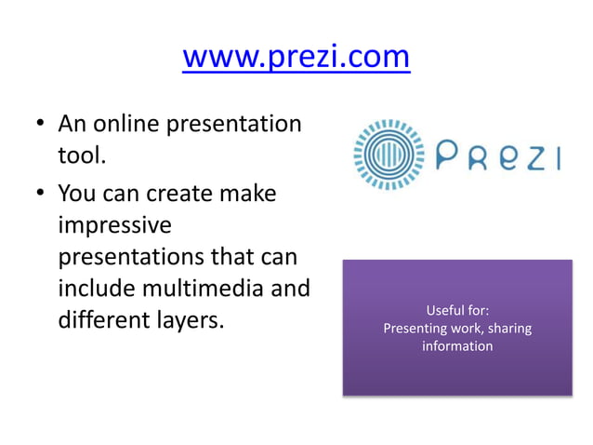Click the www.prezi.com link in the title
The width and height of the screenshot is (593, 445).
(x=296, y=57)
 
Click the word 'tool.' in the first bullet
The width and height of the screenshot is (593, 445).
(x=83, y=155)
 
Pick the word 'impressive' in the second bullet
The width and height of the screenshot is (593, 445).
(x=114, y=226)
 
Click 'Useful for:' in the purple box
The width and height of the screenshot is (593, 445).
(x=456, y=310)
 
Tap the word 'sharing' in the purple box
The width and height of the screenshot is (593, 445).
(x=508, y=328)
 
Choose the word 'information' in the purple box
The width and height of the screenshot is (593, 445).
(x=456, y=346)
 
